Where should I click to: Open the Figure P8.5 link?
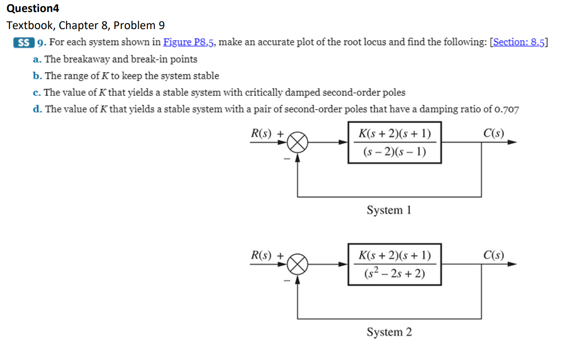point(189,42)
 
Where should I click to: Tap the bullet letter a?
point(36,59)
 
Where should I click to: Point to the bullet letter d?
point(36,109)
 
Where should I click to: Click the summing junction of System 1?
point(298,142)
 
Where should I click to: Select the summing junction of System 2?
point(298,265)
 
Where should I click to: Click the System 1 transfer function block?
point(394,142)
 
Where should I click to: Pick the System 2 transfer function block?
point(394,265)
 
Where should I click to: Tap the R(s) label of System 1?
point(261,134)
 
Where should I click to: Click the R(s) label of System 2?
point(261,255)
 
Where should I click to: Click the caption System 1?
point(389,210)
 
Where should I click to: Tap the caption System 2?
point(389,332)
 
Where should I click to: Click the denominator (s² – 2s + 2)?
point(394,274)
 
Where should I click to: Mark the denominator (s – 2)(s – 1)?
point(394,152)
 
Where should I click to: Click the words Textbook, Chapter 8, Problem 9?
point(86,25)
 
